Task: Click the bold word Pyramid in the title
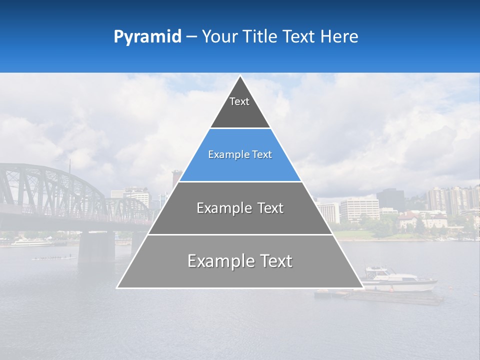tap(147, 37)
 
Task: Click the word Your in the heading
tap(219, 37)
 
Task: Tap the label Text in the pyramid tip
tap(239, 101)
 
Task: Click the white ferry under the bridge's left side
tap(30, 243)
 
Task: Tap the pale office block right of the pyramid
tap(359, 209)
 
